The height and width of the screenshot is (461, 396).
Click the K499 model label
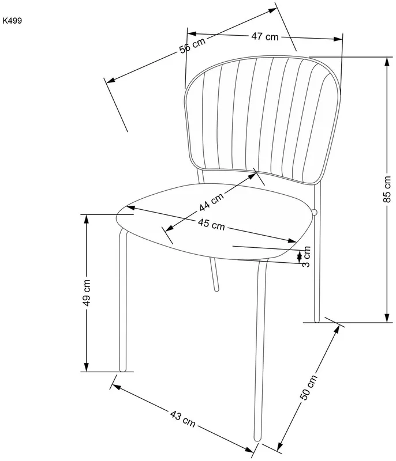coord(12,21)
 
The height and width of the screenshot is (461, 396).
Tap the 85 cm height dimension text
coord(387,190)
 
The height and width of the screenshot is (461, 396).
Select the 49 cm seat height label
coord(87,293)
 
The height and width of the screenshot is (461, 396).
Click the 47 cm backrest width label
coord(265,36)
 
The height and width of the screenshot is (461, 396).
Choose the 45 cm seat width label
coord(211,224)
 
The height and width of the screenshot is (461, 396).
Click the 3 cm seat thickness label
coord(306,256)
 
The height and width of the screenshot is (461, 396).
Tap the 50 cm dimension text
coord(309,387)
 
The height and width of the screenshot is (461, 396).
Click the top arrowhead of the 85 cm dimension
coord(387,61)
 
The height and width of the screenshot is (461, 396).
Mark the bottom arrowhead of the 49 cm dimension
coord(86,367)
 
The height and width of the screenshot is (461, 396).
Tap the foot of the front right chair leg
coord(257,439)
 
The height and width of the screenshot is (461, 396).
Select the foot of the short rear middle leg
coord(216,289)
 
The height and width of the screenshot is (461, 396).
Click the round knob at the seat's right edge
coord(315,212)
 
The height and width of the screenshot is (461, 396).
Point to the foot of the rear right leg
coord(317,320)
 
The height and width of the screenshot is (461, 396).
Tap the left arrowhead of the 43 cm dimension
coord(117,387)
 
